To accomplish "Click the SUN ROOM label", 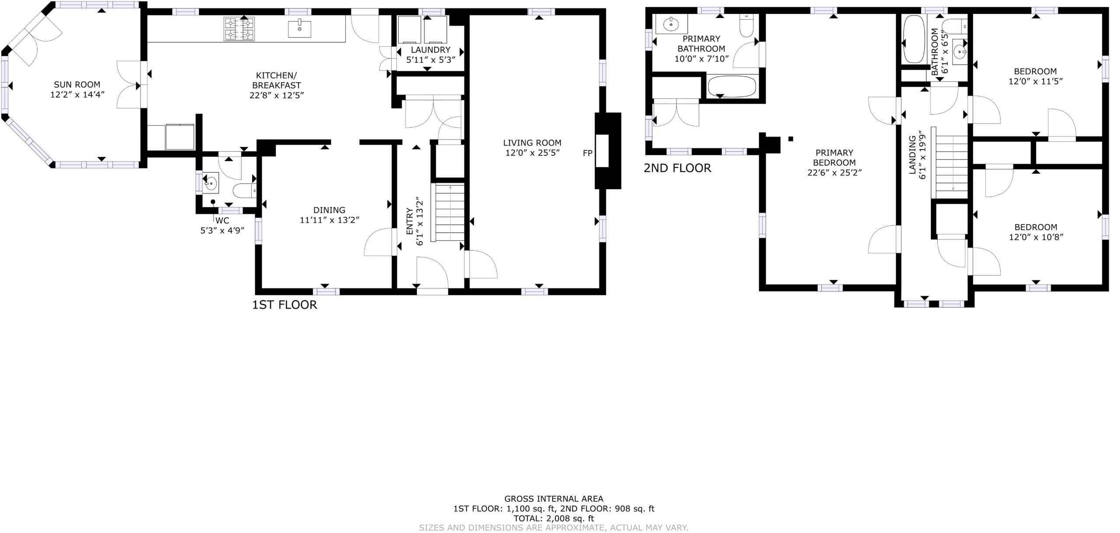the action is (77, 84).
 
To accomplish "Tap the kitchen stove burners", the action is (239, 29).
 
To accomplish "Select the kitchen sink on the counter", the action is (300, 29).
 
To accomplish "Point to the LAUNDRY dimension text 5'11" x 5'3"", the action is (431, 60).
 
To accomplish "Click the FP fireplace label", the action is (588, 153).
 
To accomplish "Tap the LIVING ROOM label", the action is (532, 143).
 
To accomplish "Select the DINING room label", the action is (329, 210).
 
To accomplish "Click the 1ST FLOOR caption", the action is (284, 305).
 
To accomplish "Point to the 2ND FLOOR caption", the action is (677, 168).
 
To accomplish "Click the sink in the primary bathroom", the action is (671, 24).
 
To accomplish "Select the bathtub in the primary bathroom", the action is (732, 87).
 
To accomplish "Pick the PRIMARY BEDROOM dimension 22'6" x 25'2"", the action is (834, 172).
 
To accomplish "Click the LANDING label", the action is (913, 155).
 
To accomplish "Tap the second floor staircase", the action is (952, 167).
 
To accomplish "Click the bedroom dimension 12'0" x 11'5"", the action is (1035, 81).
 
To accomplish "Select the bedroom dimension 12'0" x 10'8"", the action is (1035, 237).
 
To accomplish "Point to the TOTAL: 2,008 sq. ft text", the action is (554, 518).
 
